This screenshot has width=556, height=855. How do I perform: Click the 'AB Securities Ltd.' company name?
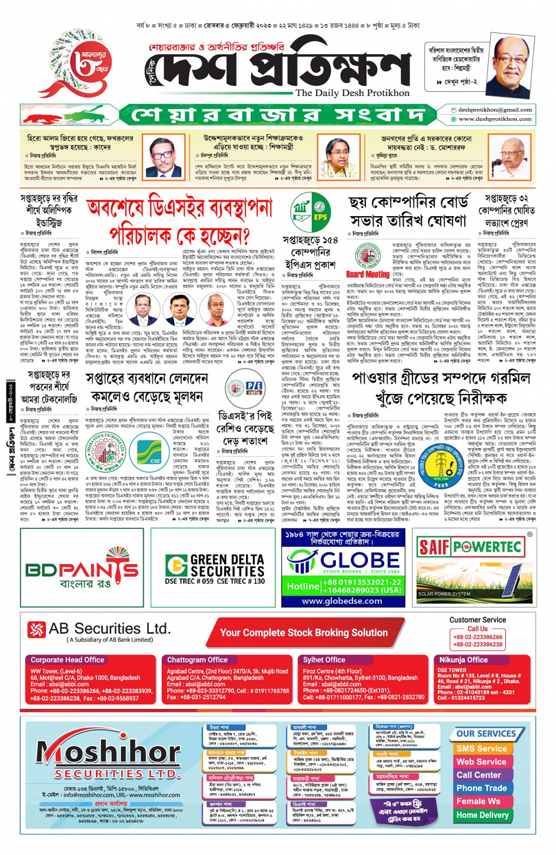pyautogui.click(x=109, y=629)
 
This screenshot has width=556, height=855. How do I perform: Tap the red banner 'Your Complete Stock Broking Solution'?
pyautogui.click(x=304, y=632)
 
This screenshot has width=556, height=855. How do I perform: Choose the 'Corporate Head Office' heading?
pyautogui.click(x=67, y=660)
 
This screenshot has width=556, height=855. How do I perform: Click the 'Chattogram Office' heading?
pyautogui.click(x=197, y=660)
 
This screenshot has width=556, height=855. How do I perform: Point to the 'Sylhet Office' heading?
pyautogui.click(x=324, y=660)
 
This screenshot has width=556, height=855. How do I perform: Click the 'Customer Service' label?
pyautogui.click(x=477, y=620)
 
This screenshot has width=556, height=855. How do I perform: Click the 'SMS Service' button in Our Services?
pyautogui.click(x=481, y=748)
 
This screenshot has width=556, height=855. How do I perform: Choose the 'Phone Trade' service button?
pyautogui.click(x=481, y=788)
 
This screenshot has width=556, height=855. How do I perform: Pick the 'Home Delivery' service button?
pyautogui.click(x=482, y=815)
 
